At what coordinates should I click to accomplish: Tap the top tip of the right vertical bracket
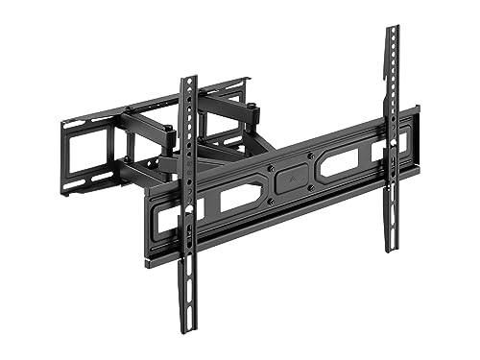point(392,29)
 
